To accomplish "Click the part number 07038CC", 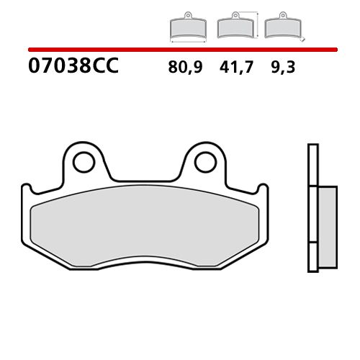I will tap(72, 68).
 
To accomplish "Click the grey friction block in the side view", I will tap(325, 216).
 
